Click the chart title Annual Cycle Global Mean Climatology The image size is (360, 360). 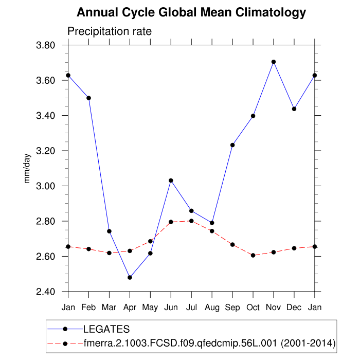pyautogui.click(x=191, y=12)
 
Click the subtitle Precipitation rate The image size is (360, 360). pyautogui.click(x=110, y=31)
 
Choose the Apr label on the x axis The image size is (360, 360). pyautogui.click(x=130, y=308)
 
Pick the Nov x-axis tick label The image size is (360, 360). pyautogui.click(x=274, y=308)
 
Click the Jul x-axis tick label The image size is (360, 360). pyautogui.click(x=191, y=308)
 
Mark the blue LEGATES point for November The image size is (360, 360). pyautogui.click(x=274, y=62)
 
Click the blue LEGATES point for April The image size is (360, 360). pyautogui.click(x=130, y=277)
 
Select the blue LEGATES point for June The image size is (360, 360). pyautogui.click(x=171, y=181)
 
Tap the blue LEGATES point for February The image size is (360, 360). pyautogui.click(x=88, y=98)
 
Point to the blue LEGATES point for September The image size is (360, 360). pyautogui.click(x=232, y=145)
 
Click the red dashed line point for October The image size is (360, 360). pyautogui.click(x=253, y=255)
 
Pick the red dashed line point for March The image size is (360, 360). pyautogui.click(x=109, y=253)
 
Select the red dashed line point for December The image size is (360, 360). pyautogui.click(x=294, y=248)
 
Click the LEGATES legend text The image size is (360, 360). pyautogui.click(x=106, y=329)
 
